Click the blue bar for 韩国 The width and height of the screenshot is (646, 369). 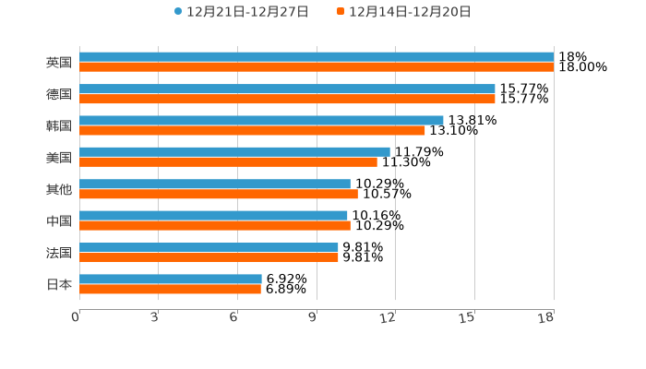click(261, 120)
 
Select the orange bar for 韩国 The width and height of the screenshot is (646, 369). click(252, 130)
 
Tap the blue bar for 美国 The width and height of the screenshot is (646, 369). click(234, 151)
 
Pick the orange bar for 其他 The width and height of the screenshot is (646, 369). click(219, 194)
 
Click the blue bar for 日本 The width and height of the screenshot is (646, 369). click(171, 279)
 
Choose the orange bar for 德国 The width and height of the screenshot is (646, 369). click(287, 99)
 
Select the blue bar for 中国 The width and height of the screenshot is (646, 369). click(213, 216)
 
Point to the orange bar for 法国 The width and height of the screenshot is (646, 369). click(209, 257)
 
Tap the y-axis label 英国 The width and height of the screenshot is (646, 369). click(59, 63)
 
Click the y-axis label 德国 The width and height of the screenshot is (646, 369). click(59, 94)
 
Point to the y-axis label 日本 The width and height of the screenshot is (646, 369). click(59, 284)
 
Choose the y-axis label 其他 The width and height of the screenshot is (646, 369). click(59, 189)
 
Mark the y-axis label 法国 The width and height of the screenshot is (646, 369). click(59, 253)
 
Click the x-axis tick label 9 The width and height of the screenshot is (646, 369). click(313, 318)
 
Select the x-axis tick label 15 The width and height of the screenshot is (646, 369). click(467, 318)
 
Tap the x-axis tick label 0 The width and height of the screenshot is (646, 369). click(76, 318)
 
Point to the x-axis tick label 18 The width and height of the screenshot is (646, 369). click(546, 318)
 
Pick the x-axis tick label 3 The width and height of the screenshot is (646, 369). click(154, 318)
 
